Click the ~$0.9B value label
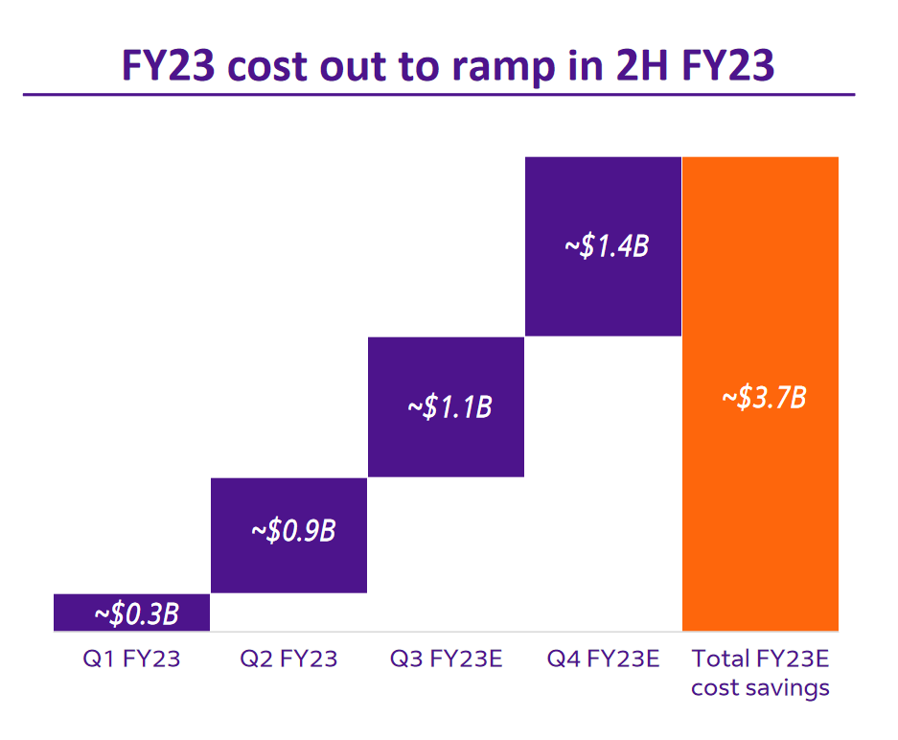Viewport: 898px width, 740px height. click(x=293, y=530)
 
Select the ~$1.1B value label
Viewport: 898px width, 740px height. click(x=449, y=406)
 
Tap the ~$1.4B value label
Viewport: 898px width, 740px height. click(x=607, y=245)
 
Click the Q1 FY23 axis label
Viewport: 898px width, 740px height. click(x=131, y=659)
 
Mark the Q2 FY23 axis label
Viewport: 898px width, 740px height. click(x=288, y=659)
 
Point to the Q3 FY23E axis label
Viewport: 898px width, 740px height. click(x=446, y=659)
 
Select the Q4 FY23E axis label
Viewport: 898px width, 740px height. click(x=603, y=659)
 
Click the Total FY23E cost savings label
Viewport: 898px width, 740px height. click(x=761, y=673)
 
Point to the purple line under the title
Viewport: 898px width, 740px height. click(x=438, y=95)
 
